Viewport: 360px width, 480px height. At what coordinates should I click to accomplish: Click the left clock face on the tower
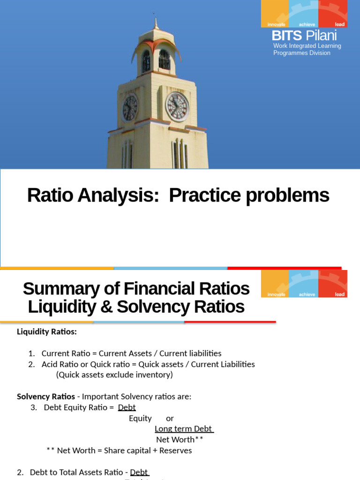pos(130,108)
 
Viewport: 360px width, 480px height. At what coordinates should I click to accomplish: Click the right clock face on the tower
pos(177,106)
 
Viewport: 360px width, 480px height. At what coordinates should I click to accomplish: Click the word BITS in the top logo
pos(286,36)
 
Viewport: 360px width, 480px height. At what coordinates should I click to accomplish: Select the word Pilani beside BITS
pos(321,36)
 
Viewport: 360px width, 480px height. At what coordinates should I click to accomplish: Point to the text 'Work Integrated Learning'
pos(307,46)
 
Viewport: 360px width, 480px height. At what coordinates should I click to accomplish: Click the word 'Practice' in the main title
pos(203,195)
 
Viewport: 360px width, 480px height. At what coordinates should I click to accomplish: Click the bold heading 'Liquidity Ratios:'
pos(47,332)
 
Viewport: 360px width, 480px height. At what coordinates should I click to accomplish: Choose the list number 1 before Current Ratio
pos(31,353)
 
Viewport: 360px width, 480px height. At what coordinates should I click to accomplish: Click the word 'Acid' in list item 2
pos(50,364)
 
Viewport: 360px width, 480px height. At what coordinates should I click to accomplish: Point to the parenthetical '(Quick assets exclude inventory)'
pos(114,375)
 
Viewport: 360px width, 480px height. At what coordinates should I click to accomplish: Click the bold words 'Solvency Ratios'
pos(46,397)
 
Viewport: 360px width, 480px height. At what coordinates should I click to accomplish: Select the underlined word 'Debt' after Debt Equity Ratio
pos(127,407)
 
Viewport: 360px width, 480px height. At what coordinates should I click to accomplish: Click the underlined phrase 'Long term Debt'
pos(184,429)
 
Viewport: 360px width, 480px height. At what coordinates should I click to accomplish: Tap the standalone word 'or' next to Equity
pos(170,418)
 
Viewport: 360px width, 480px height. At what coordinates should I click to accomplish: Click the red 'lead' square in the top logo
pos(333,14)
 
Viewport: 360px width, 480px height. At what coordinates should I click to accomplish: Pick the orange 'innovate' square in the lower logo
pos(275,284)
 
